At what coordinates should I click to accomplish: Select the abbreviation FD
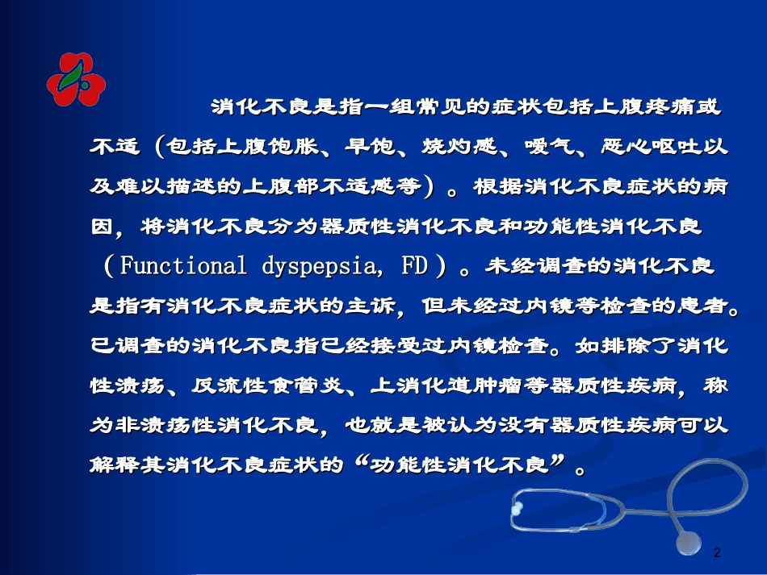415,266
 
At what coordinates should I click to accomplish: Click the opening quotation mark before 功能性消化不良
362,462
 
